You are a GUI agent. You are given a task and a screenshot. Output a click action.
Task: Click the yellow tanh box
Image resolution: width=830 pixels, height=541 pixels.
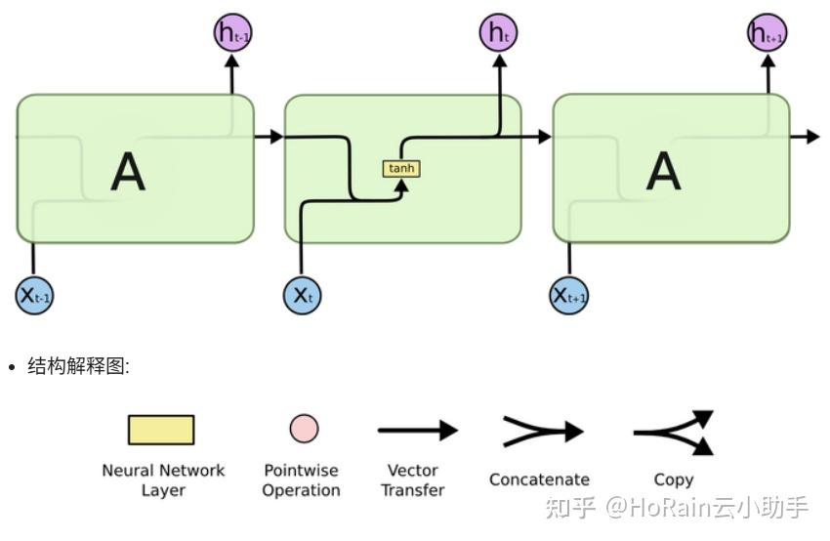[x=401, y=168]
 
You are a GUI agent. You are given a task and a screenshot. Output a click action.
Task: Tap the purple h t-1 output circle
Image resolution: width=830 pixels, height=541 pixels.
[x=232, y=33]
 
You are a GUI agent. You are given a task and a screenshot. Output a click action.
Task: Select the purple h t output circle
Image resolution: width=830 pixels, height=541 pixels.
[x=498, y=33]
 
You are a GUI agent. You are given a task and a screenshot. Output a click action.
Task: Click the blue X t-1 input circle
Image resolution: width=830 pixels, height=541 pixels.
[x=34, y=294]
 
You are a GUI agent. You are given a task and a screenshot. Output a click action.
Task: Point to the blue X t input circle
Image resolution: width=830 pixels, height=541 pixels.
[x=302, y=294]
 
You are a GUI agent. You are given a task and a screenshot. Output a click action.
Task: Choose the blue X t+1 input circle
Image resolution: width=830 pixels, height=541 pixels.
[x=569, y=294]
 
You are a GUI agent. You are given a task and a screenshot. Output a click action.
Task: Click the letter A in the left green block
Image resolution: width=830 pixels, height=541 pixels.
[x=128, y=172]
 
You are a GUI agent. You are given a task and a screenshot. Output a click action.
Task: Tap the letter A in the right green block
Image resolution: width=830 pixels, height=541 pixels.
[x=663, y=172]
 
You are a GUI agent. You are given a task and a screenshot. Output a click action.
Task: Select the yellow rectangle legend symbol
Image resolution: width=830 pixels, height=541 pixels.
[x=161, y=430]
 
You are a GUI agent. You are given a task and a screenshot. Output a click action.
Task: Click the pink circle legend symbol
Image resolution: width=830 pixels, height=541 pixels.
[x=304, y=429]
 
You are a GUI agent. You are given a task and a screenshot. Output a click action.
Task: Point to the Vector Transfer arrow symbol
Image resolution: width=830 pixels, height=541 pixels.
[x=417, y=430]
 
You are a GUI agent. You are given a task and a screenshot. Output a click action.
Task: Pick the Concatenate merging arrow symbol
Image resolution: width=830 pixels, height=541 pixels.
[x=542, y=431]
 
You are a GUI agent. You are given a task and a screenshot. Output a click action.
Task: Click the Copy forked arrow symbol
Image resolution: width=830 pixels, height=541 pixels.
[x=675, y=432]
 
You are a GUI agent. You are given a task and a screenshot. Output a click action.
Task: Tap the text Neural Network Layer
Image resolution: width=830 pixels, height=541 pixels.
[x=163, y=479]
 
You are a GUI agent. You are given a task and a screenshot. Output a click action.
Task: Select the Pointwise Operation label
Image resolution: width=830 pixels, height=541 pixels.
[x=302, y=479]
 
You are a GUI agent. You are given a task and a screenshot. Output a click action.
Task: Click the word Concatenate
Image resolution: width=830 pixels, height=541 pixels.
[x=539, y=479]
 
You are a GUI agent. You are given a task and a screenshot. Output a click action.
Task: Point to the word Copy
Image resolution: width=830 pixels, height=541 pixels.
[x=674, y=479]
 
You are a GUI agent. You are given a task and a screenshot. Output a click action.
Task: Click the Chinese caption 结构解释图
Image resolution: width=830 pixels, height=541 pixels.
[x=77, y=366]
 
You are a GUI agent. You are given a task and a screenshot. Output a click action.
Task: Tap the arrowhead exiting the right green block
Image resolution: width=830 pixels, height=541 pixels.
[x=812, y=137]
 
